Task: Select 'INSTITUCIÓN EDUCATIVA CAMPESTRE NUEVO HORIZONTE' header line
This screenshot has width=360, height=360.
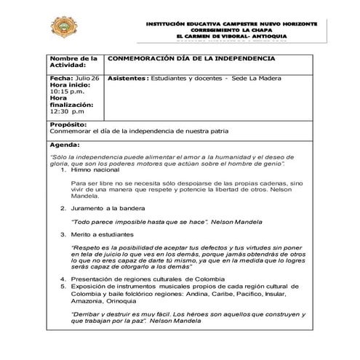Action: (x=231, y=23)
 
